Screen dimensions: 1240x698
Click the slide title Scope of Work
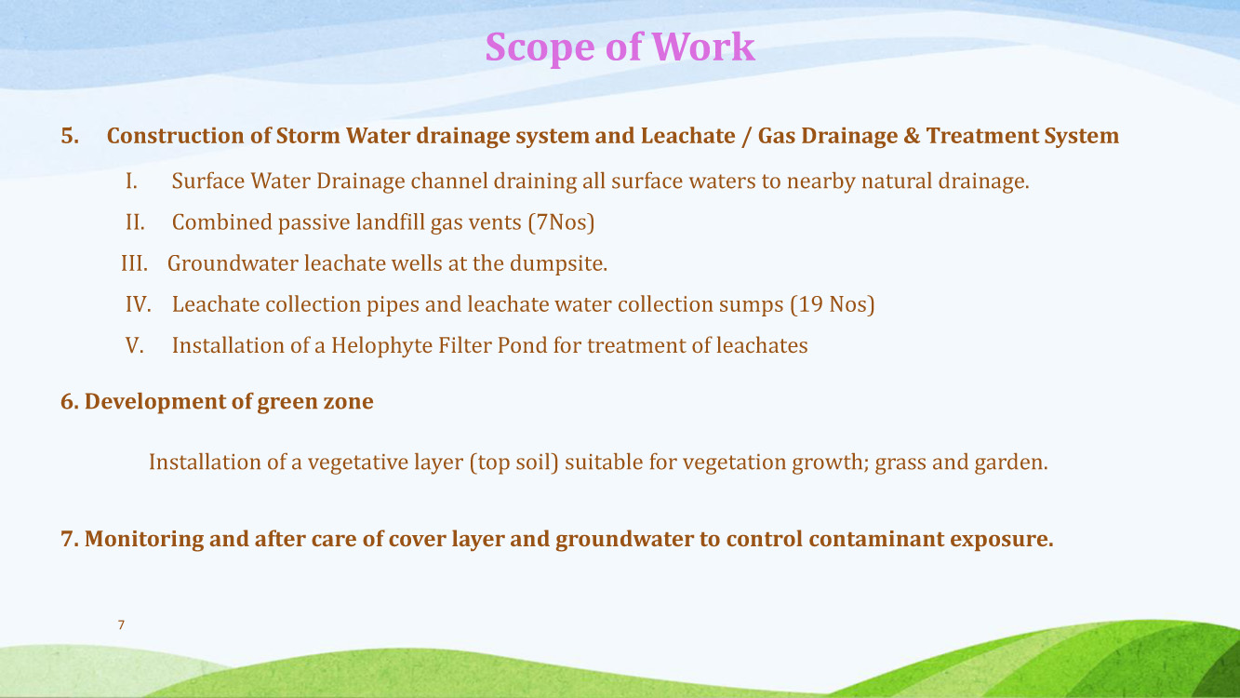coord(620,47)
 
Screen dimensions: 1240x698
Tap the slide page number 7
coord(121,624)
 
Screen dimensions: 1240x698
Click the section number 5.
coord(70,136)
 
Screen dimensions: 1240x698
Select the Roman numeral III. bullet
coord(135,263)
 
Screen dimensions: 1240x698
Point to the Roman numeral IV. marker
coord(139,304)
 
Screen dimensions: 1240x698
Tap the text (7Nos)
coord(561,222)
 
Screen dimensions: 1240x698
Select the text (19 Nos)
coord(833,304)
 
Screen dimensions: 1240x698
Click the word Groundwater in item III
coord(233,263)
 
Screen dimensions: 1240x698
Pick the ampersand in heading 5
coord(912,136)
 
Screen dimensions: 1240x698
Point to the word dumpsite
coord(558,264)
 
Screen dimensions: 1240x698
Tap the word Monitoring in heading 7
coord(144,540)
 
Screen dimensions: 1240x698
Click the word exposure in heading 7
coord(1002,540)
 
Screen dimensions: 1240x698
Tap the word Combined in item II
coord(222,222)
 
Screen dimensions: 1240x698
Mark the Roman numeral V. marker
coord(135,345)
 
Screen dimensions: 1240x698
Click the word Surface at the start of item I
coord(207,181)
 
